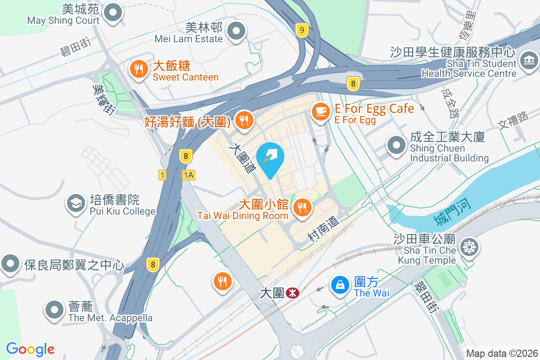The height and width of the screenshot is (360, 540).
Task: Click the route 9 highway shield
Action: pos(302,31)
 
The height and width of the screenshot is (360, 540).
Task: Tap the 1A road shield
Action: pos(189,175)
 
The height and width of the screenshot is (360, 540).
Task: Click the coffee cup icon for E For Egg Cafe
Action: pos(320,111)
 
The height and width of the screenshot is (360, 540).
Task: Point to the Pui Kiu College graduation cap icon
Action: pos(76,203)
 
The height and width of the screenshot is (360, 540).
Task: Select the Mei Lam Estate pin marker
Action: pos(236,31)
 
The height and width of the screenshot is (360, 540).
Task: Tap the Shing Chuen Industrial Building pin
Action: pos(396,145)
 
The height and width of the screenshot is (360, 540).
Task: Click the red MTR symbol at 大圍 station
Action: pos(292,293)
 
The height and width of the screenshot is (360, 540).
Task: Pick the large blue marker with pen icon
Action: pos(270,156)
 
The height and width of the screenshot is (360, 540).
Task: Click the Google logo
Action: pos(30,349)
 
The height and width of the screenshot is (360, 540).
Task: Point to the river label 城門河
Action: pos(453,213)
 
